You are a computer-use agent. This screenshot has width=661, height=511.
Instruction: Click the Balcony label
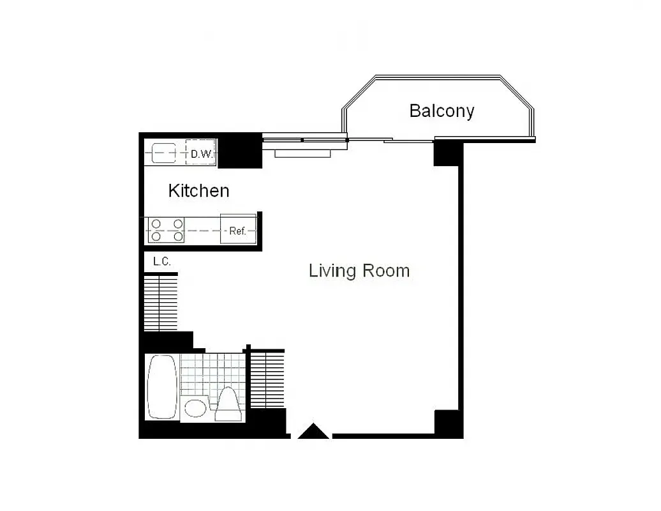[442, 111]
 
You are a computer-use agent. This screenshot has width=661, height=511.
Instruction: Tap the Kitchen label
[198, 190]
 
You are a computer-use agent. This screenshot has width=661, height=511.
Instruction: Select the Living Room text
[359, 271]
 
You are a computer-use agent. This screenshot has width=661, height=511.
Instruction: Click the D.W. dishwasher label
[202, 154]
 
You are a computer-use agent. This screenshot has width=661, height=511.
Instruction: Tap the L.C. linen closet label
[162, 261]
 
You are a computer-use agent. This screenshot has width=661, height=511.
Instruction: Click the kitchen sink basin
[164, 153]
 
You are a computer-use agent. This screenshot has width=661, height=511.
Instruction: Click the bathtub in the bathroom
[162, 388]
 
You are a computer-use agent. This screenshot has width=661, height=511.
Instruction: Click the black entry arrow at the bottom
[314, 432]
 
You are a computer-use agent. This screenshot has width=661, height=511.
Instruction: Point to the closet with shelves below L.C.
[160, 302]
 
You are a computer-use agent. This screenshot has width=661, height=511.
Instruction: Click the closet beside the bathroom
[266, 381]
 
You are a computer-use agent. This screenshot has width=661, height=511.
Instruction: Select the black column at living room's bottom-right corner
[448, 423]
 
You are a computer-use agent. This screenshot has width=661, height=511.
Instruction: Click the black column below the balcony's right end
[448, 153]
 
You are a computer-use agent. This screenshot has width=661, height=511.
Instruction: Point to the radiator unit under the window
[302, 153]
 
